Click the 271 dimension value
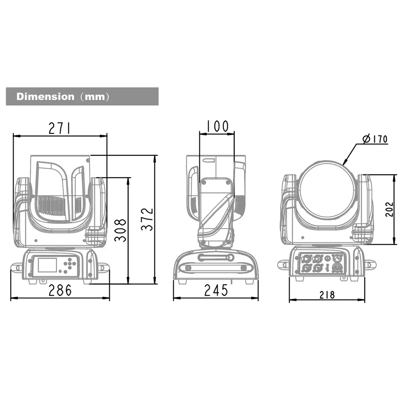pyautogui.click(x=59, y=128)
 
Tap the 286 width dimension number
pyautogui.click(x=60, y=290)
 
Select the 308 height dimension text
pyautogui.click(x=120, y=230)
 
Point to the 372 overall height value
pyautogui.click(x=147, y=219)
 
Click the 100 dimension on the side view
pyautogui.click(x=218, y=126)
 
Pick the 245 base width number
pyautogui.click(x=216, y=290)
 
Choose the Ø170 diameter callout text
pyautogui.click(x=375, y=139)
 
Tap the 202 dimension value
pyautogui.click(x=389, y=209)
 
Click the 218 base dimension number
pyautogui.click(x=327, y=295)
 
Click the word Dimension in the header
pyautogui.click(x=45, y=97)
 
